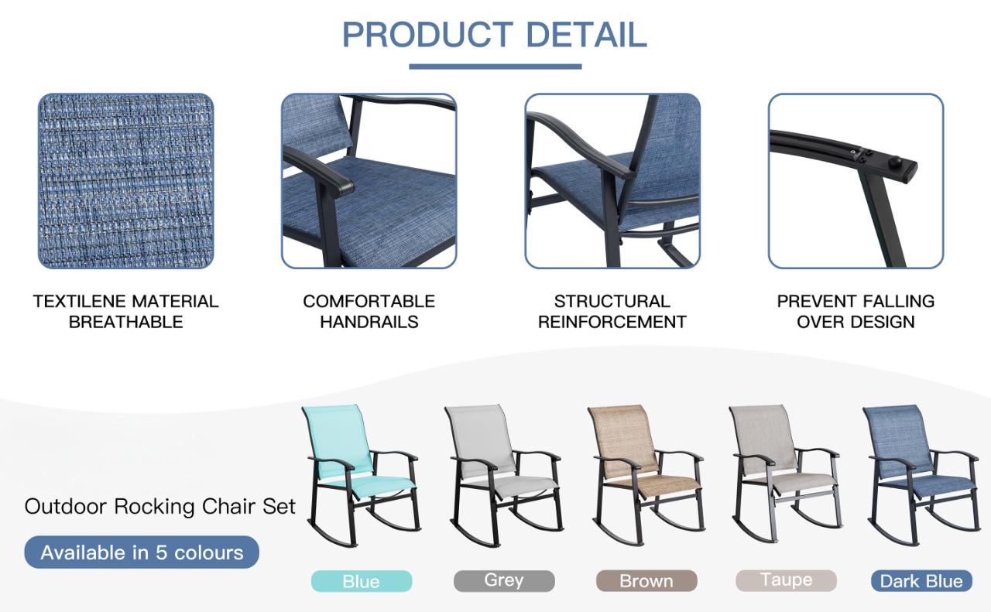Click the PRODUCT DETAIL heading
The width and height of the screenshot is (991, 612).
tap(495, 35)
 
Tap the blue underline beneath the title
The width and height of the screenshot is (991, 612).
tap(495, 67)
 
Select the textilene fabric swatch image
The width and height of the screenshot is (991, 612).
tap(125, 181)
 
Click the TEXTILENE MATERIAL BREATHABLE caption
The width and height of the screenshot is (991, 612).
tap(125, 311)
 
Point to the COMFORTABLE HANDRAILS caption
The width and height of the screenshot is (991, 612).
tap(369, 311)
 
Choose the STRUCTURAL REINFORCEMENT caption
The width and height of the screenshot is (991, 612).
tap(612, 311)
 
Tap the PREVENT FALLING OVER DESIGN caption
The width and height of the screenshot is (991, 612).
tap(856, 311)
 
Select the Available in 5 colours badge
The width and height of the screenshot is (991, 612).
tap(142, 552)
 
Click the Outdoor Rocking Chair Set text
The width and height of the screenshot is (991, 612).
tap(160, 507)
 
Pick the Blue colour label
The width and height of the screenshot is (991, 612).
tap(361, 581)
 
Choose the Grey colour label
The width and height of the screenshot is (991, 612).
tap(504, 580)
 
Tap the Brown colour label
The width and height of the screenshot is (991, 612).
tap(646, 581)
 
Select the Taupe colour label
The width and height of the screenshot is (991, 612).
tap(786, 580)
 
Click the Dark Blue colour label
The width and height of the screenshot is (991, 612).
tap(921, 581)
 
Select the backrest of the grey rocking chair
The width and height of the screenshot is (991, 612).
tap(478, 437)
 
